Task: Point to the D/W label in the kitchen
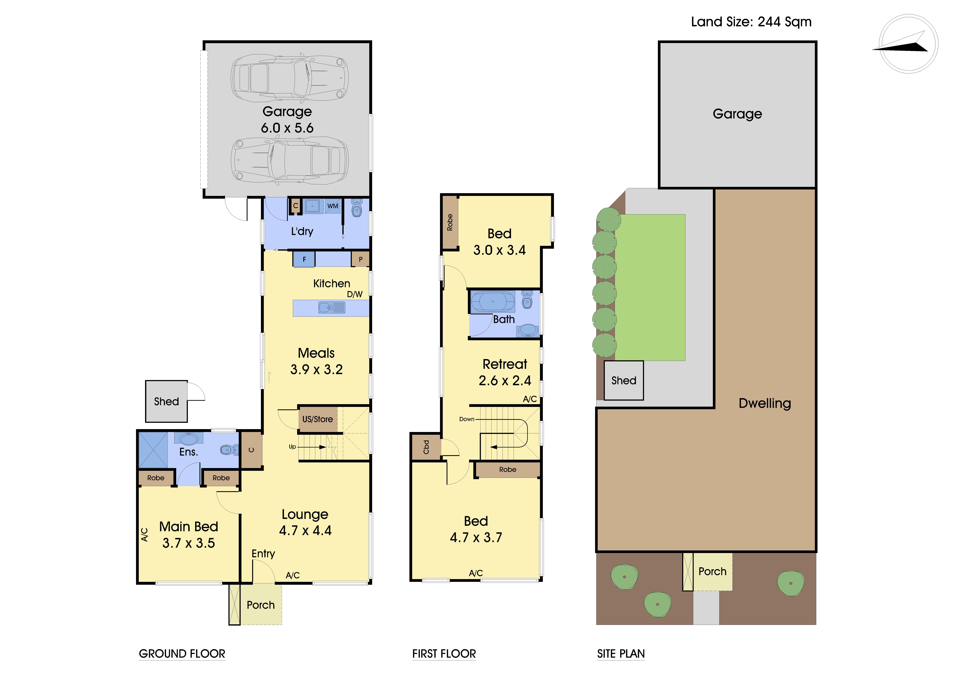(354, 294)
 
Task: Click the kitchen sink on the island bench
(332, 308)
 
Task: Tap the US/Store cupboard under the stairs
(318, 419)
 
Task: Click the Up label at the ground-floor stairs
(292, 447)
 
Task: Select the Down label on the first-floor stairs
(467, 419)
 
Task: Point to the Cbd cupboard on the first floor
(426, 447)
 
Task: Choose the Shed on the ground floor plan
(166, 401)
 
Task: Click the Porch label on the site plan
(712, 571)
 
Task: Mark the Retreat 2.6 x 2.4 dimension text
(505, 380)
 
